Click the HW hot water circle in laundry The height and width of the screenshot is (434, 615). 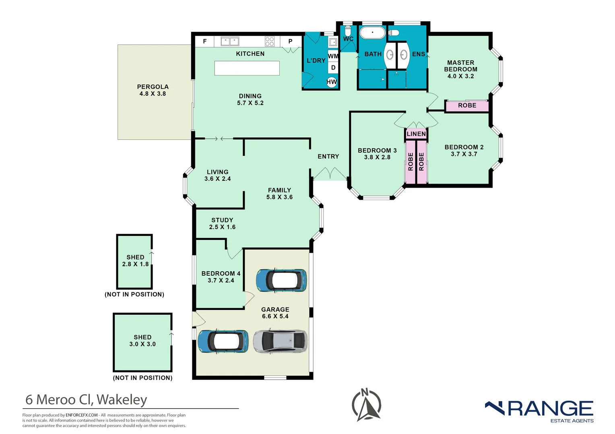[x=332, y=82]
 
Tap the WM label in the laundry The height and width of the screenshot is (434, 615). [x=333, y=56]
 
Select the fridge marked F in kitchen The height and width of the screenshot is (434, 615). [x=205, y=41]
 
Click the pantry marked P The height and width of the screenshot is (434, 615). [x=290, y=41]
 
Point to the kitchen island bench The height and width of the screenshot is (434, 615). [x=247, y=68]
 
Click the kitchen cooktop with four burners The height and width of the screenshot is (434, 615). [x=270, y=41]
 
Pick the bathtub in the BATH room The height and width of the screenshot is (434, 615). [x=372, y=33]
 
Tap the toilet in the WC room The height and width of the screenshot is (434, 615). [x=348, y=31]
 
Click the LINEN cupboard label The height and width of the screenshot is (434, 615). [x=416, y=134]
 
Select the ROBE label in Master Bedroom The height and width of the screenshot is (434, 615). [x=467, y=105]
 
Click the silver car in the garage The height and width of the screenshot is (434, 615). [x=280, y=341]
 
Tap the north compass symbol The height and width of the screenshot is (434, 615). [x=366, y=405]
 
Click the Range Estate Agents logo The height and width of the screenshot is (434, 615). [x=539, y=411]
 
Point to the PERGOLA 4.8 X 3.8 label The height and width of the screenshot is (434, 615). [x=153, y=90]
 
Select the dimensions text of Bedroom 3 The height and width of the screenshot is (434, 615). [x=377, y=157]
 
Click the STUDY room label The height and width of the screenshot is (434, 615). [x=222, y=220]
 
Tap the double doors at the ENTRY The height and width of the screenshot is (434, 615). [x=330, y=174]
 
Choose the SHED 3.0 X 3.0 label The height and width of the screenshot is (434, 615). [x=142, y=340]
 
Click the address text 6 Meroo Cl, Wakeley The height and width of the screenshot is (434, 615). [x=86, y=399]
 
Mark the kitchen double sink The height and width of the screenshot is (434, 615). [x=230, y=41]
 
